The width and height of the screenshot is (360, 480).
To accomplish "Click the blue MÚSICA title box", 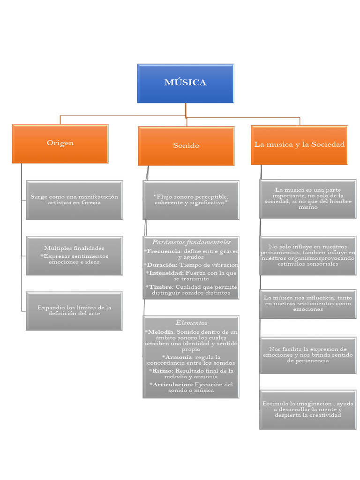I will pyautogui.click(x=185, y=83).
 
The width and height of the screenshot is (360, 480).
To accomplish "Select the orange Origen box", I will pyautogui.click(x=60, y=143).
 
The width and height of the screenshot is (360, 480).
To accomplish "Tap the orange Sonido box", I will pyautogui.click(x=186, y=145).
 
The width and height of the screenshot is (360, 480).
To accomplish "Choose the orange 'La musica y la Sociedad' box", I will pyautogui.click(x=300, y=144).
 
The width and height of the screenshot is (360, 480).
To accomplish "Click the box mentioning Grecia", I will pyautogui.click(x=74, y=200).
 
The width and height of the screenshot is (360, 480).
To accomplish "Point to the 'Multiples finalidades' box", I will pyautogui.click(x=74, y=255).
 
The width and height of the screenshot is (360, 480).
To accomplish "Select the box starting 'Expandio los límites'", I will pyautogui.click(x=74, y=310).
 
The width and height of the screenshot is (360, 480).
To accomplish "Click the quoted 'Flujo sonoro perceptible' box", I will pyautogui.click(x=191, y=200).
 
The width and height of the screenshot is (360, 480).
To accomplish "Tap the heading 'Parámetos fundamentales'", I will pyautogui.click(x=191, y=242).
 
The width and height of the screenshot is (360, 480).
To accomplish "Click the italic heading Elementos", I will pyautogui.click(x=191, y=322).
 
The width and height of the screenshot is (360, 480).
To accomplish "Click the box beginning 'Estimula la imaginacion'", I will pyautogui.click(x=307, y=409).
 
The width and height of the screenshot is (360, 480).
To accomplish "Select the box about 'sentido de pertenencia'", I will pyautogui.click(x=307, y=355).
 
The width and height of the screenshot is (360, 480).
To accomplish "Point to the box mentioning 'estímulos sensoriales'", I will pyautogui.click(x=307, y=255).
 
